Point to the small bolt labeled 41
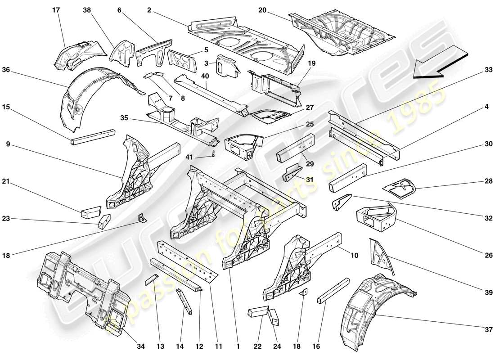[213, 154]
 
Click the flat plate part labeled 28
[398, 189]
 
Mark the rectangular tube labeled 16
[333, 293]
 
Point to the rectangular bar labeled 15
[92, 136]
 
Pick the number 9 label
[8, 145]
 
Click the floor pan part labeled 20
[342, 31]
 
